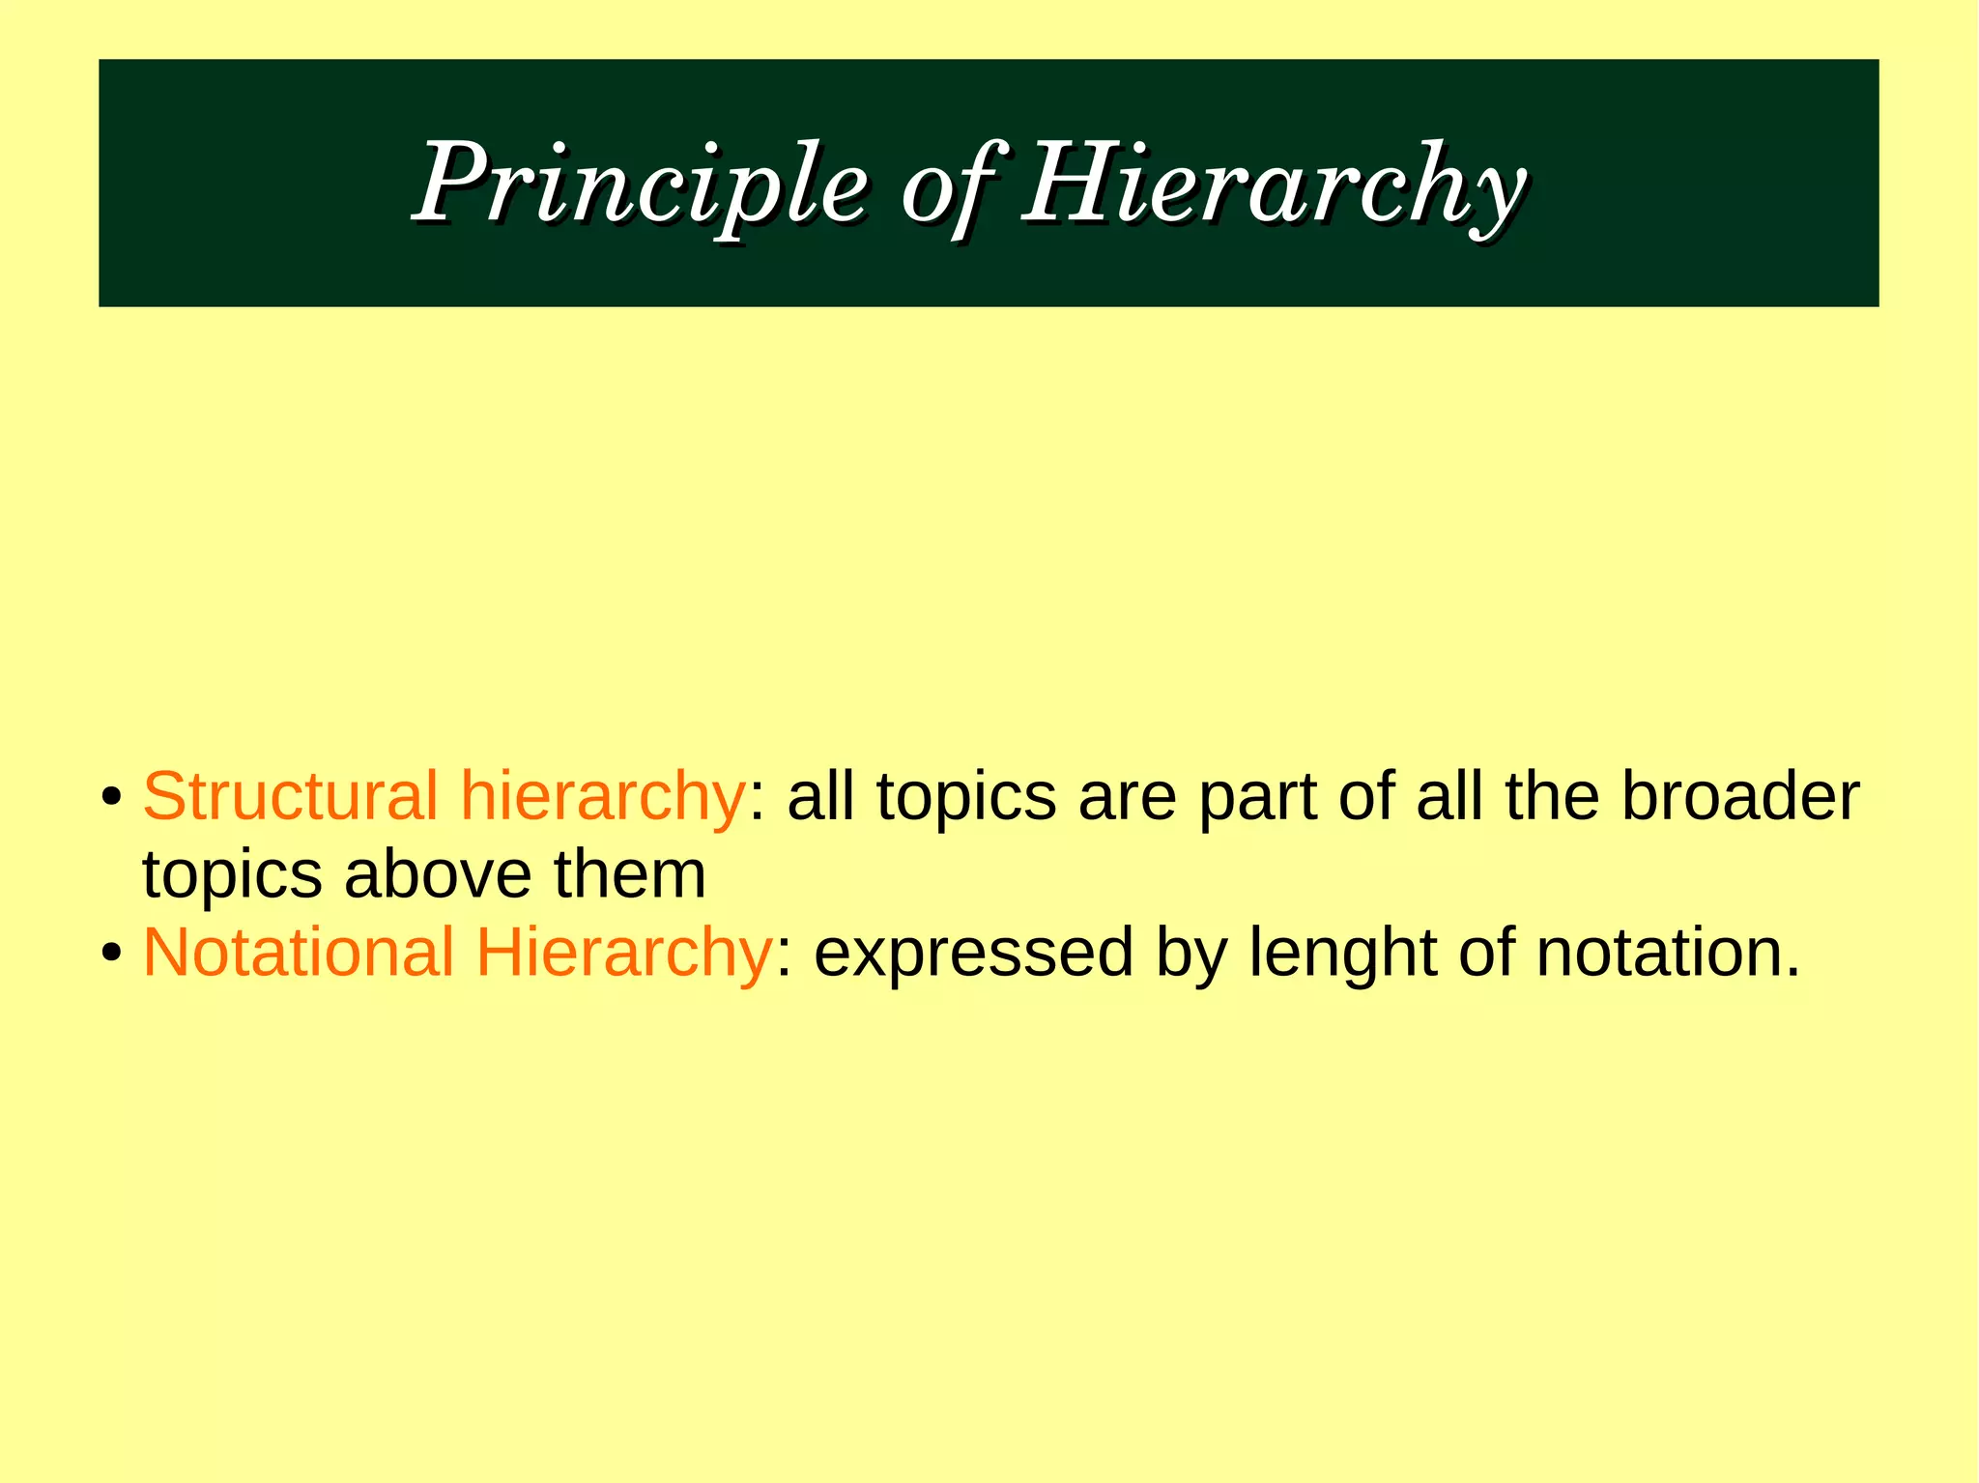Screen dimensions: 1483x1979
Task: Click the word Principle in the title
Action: (x=642, y=184)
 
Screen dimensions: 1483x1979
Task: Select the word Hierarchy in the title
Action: (x=1274, y=184)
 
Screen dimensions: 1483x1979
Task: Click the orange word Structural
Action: (x=290, y=796)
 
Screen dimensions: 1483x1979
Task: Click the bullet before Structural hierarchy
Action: (x=112, y=800)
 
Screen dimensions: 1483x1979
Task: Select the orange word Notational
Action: (x=298, y=953)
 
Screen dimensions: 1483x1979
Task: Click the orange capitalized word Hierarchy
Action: (x=623, y=953)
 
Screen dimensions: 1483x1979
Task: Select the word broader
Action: (x=1739, y=796)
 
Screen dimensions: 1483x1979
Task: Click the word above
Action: (x=438, y=874)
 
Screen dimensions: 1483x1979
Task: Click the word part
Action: (x=1257, y=798)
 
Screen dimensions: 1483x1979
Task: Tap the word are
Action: (x=1127, y=798)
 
